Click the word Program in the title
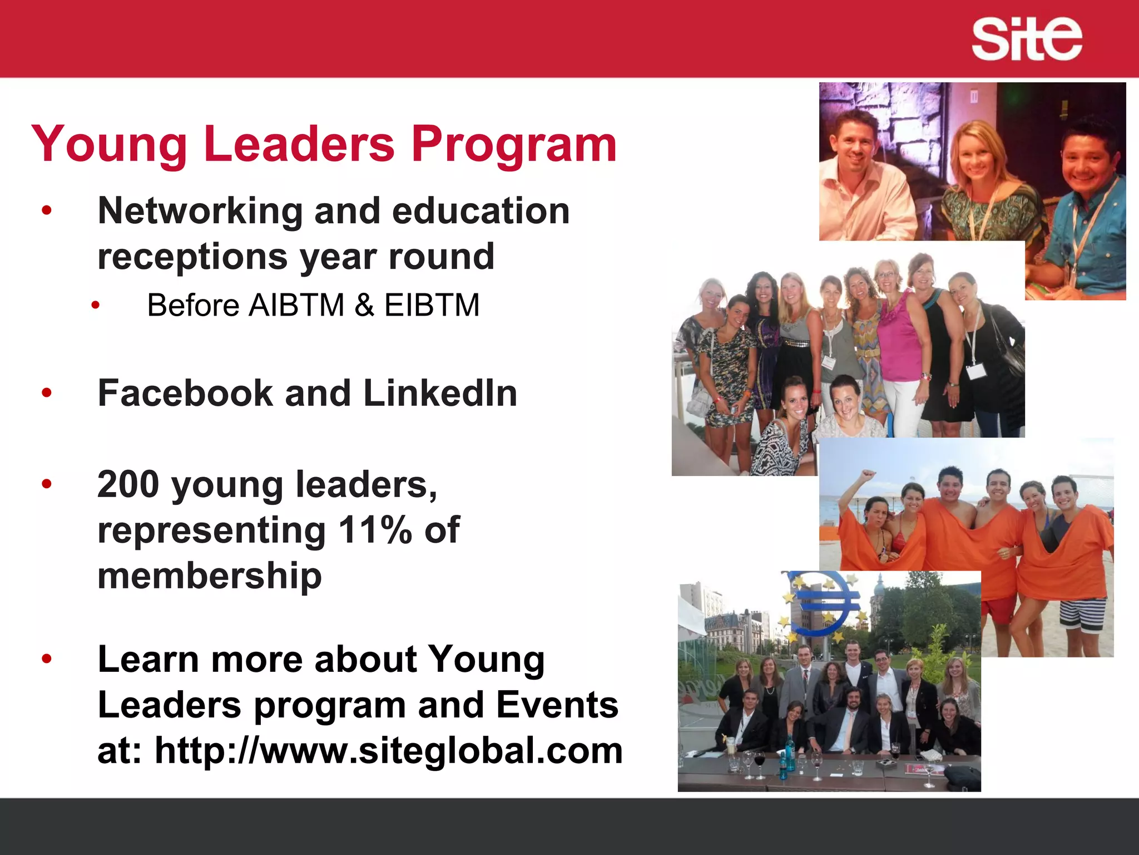(514, 145)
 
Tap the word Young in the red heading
(109, 145)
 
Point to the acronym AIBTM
(296, 305)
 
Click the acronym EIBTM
(432, 305)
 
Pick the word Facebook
(185, 393)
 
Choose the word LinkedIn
(440, 393)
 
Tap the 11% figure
(375, 529)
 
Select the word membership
(210, 575)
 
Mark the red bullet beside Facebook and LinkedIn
(47, 393)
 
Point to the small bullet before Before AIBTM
(96, 305)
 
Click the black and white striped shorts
(1082, 615)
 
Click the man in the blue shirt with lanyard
(1084, 223)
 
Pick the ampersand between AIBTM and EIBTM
(364, 305)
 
